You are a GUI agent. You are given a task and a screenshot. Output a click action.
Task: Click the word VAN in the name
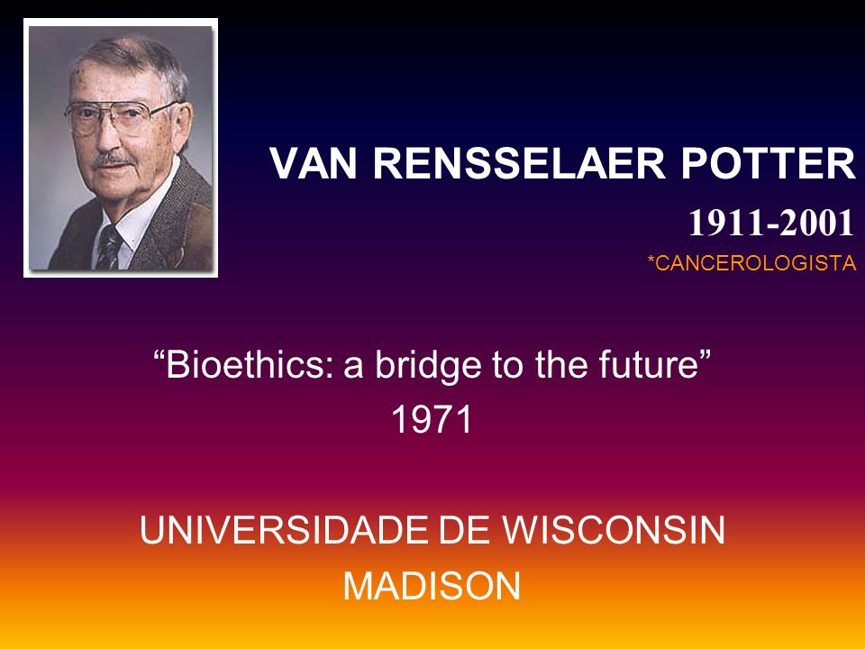coord(314,163)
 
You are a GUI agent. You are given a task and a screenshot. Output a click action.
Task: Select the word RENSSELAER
coord(519,163)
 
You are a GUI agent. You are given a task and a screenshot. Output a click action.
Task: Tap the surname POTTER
coord(768,163)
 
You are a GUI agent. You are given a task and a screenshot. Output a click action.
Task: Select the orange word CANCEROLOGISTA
coord(756,262)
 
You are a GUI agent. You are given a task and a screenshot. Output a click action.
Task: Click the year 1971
coord(432,419)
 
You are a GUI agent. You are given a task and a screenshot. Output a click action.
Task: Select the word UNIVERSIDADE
coord(286,530)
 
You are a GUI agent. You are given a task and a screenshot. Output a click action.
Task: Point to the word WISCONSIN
coord(614,530)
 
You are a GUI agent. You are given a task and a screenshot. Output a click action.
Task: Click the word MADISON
coord(432,586)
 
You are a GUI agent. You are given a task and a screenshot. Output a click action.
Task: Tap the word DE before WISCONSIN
coord(465,530)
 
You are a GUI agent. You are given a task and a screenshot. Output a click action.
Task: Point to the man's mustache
coord(114,160)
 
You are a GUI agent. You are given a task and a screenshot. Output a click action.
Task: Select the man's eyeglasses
coord(120,117)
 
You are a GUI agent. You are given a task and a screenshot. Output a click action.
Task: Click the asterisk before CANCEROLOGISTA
coord(651,259)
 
